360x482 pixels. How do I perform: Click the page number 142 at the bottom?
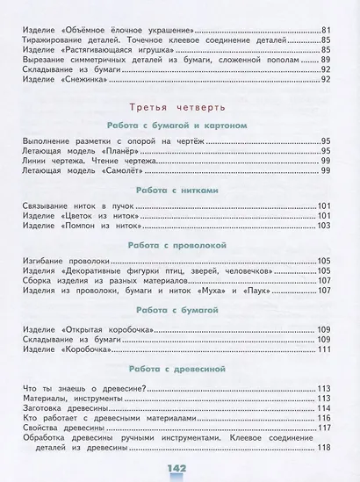[181, 466]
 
